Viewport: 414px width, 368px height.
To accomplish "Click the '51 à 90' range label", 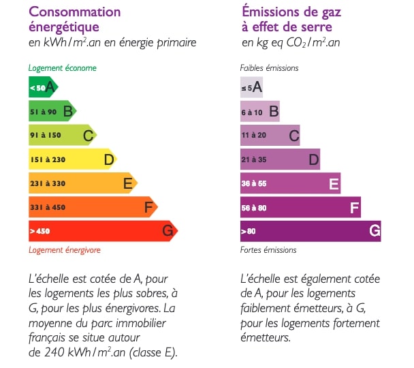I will click(42, 111).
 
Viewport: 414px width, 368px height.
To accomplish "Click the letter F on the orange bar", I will click(148, 207).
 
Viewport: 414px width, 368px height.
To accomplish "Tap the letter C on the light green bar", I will click(88, 136).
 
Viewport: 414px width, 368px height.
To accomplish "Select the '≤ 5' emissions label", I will click(246, 88).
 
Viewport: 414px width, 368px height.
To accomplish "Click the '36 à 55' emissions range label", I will click(254, 184).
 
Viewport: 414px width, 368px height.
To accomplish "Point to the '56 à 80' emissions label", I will click(254, 208).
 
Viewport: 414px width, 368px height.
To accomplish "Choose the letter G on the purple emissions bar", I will click(375, 231).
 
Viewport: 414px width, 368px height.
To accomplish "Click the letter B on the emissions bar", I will click(274, 112).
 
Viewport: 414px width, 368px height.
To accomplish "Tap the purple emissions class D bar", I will click(280, 159).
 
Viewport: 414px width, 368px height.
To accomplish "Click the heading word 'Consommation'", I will click(75, 12).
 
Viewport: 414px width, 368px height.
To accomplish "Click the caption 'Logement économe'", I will click(62, 68).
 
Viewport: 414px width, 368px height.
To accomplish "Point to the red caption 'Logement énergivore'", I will click(65, 250).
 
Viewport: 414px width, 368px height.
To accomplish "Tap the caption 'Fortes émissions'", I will click(268, 250).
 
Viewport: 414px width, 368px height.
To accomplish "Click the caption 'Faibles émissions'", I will click(270, 68).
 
